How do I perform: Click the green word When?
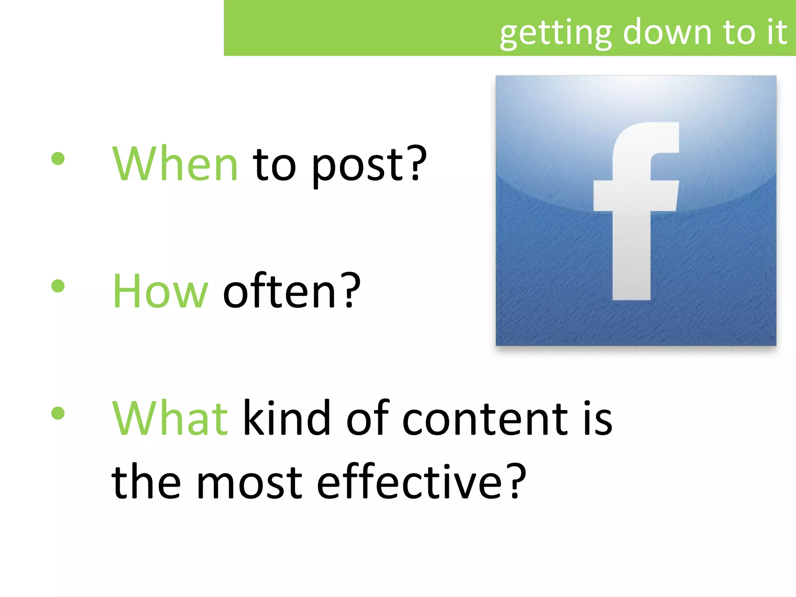pos(175,164)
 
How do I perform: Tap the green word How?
pos(161,292)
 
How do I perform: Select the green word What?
pos(170,419)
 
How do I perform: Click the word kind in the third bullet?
pos(287,419)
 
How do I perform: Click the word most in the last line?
pos(249,484)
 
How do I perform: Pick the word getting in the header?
pos(556,34)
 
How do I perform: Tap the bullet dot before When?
pos(58,159)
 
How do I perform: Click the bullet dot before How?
pos(58,286)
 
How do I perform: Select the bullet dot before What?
pos(58,413)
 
